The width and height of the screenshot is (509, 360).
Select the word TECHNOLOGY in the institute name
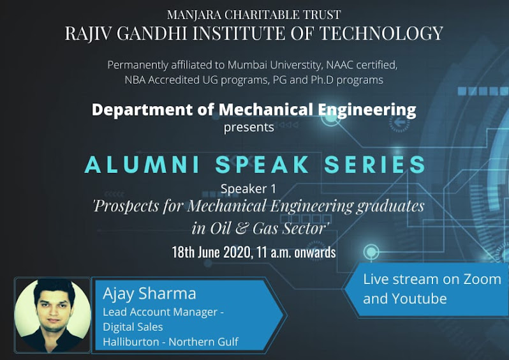click(x=381, y=33)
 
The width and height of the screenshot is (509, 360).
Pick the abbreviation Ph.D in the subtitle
click(x=322, y=80)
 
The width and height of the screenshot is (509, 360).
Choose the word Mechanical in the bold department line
click(x=266, y=110)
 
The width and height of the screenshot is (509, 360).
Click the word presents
click(x=249, y=128)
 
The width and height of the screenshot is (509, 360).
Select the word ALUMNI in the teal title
click(x=142, y=165)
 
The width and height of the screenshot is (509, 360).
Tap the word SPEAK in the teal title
click(x=262, y=165)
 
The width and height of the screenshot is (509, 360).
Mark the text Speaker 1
click(x=248, y=189)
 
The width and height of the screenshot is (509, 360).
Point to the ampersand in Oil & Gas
click(x=241, y=229)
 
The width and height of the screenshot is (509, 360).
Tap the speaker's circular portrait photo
click(x=52, y=315)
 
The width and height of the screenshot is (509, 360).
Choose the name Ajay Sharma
click(x=149, y=294)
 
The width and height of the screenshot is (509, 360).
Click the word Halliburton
click(x=131, y=341)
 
